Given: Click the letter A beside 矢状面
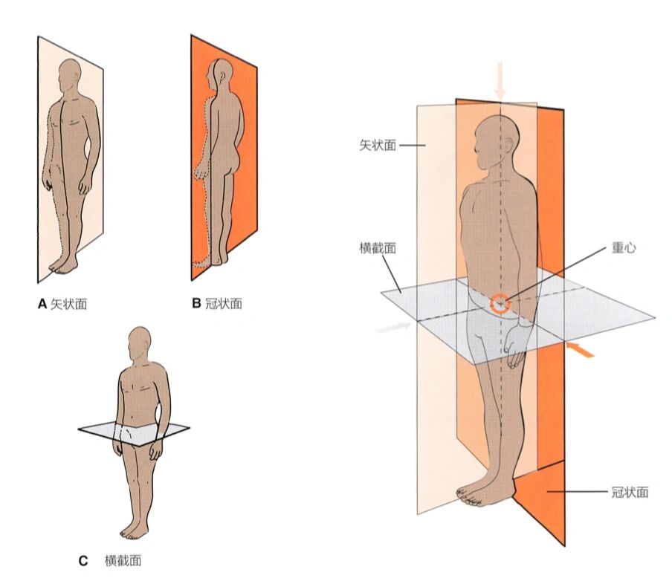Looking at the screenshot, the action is [42, 304].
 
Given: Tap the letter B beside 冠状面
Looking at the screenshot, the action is [197, 303].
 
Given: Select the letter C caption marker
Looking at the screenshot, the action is [83, 560].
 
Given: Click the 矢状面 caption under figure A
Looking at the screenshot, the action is [68, 304].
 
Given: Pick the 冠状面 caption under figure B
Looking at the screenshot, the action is [224, 303].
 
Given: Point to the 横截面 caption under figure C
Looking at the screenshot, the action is [123, 560].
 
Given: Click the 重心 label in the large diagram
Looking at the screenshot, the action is [624, 247].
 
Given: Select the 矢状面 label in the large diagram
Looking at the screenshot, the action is [378, 145].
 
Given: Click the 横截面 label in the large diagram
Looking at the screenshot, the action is [378, 247].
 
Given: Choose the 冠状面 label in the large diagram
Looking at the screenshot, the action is [630, 492].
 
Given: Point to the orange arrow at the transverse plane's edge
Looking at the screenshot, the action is [581, 348].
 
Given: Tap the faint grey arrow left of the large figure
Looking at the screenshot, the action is [393, 328].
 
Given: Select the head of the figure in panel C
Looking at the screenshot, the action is [140, 344].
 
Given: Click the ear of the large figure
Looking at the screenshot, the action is [508, 145].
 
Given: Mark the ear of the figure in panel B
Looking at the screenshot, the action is [222, 77].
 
